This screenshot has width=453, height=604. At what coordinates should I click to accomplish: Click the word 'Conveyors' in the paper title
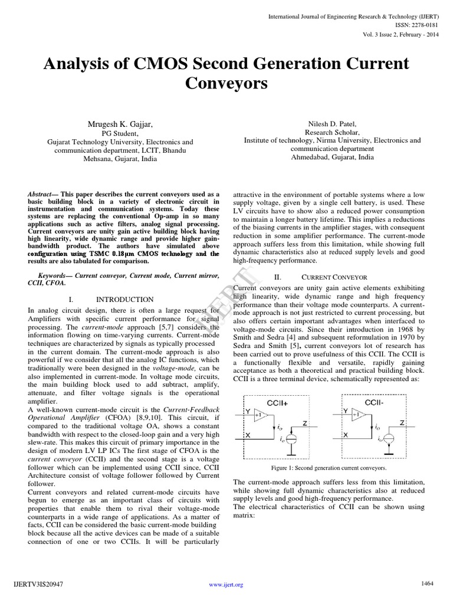point(226,83)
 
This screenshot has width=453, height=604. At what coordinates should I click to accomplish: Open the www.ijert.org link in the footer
point(226,585)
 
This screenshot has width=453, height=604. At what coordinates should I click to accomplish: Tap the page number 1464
point(427,583)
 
